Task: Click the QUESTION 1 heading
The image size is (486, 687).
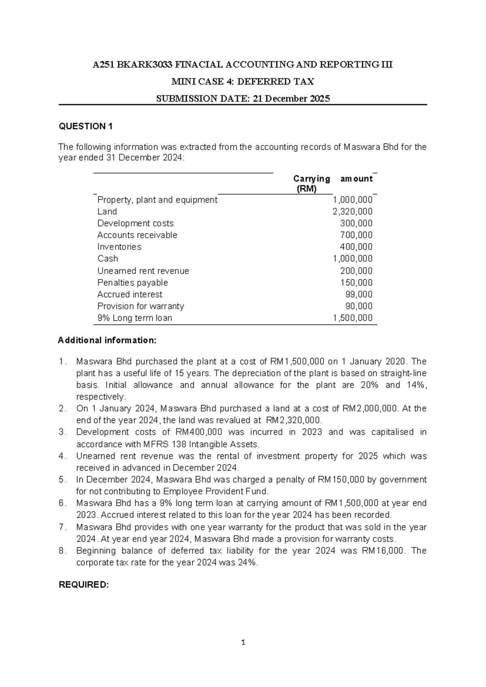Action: coord(85,126)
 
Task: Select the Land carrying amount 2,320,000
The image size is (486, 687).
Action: coord(352,211)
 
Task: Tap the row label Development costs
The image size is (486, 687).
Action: coord(135,223)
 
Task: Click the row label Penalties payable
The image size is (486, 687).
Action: coord(132,283)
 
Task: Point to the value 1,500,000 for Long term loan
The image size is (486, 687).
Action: coord(352,318)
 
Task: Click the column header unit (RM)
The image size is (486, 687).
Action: coord(307,189)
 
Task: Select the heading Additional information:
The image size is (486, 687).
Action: coord(107,340)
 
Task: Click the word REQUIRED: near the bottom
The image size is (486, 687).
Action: coord(83,585)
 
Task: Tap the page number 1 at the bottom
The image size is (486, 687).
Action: coord(243,642)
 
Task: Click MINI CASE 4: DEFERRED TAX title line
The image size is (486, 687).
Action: coord(243,82)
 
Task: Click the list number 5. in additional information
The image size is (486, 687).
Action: coord(62,480)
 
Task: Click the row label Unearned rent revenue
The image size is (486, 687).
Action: coord(143,271)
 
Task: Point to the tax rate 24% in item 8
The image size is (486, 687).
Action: coord(248,563)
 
